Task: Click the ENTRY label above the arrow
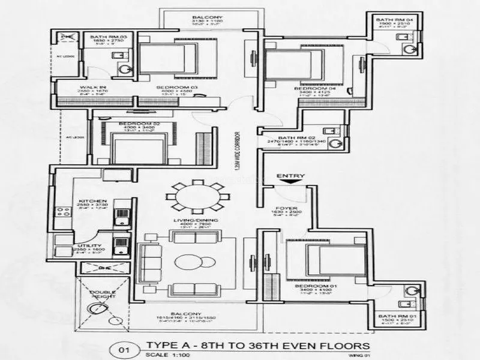pyautogui.click(x=290, y=175)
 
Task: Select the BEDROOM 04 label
pyautogui.click(x=310, y=88)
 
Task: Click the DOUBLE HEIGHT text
pyautogui.click(x=103, y=295)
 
